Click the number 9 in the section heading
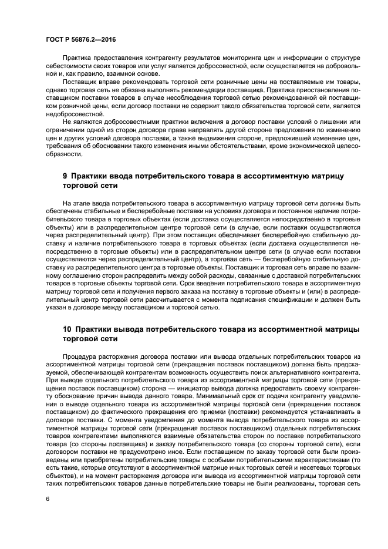(x=65, y=176)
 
